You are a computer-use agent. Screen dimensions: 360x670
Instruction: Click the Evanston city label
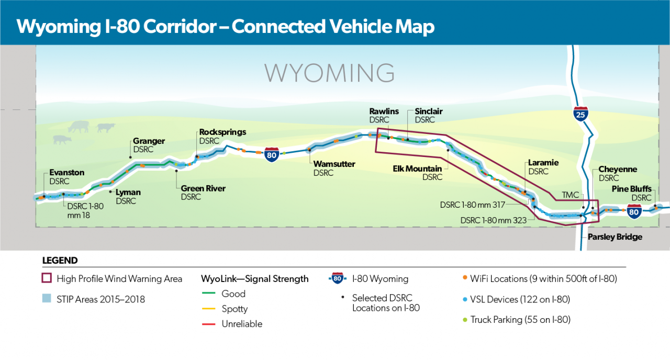66,173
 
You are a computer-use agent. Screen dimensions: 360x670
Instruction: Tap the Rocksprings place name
222,132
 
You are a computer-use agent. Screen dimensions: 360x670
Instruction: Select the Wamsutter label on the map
334,164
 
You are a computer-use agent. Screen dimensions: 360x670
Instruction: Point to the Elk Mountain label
417,168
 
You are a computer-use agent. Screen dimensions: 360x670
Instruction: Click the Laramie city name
543,163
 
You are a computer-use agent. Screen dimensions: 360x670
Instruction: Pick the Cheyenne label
618,170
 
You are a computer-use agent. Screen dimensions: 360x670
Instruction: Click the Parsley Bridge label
615,237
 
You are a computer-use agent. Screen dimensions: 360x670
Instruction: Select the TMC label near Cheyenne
571,195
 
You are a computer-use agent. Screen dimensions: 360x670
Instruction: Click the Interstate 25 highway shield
580,115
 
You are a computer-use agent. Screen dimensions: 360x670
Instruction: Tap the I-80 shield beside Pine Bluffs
634,211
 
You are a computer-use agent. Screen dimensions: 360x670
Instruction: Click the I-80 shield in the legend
338,279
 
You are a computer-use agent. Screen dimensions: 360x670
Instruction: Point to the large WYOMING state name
329,73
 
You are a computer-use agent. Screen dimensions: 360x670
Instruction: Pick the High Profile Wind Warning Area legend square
47,279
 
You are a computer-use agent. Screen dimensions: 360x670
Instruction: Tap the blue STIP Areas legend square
47,299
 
